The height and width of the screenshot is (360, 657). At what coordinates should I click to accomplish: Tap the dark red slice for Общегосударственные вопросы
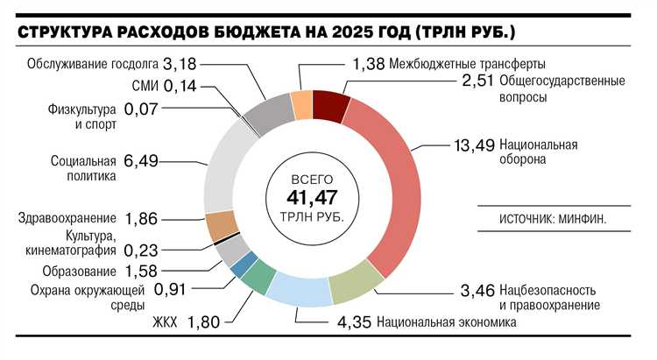pos(330,105)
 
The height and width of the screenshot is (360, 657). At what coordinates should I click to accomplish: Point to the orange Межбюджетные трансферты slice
pos(301,104)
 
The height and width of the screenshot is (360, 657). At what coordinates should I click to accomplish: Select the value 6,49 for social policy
pos(143,161)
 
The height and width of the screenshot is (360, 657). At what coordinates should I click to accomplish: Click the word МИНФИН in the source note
pos(579,216)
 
